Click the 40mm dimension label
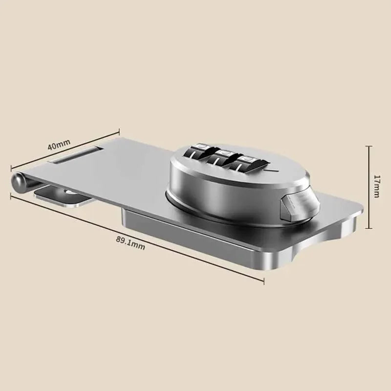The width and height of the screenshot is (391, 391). (x=59, y=145)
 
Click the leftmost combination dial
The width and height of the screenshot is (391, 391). (x=196, y=156)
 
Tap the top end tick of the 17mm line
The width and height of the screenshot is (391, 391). (x=369, y=145)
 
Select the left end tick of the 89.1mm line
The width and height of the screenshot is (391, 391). (x=12, y=195)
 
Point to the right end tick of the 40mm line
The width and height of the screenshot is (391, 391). (x=119, y=130)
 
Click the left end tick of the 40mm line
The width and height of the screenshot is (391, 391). (x=12, y=169)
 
